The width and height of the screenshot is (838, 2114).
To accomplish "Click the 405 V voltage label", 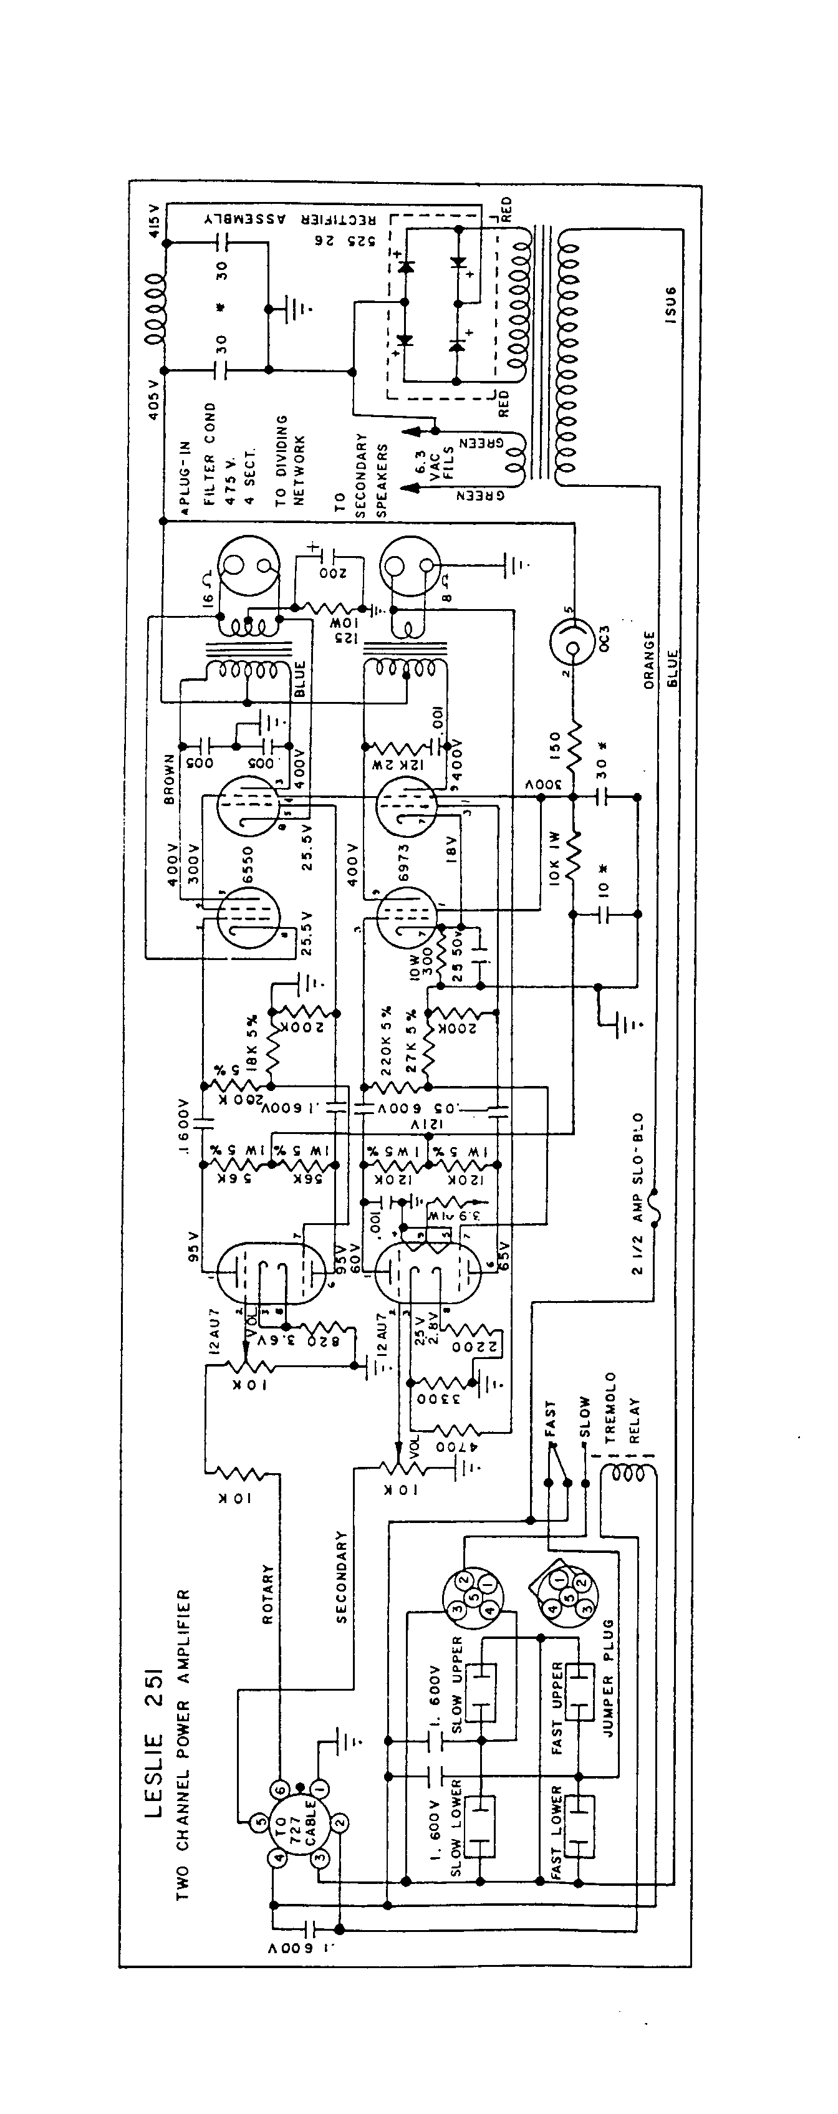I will (x=153, y=400).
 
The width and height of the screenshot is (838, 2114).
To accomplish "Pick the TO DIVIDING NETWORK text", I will (x=290, y=459).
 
